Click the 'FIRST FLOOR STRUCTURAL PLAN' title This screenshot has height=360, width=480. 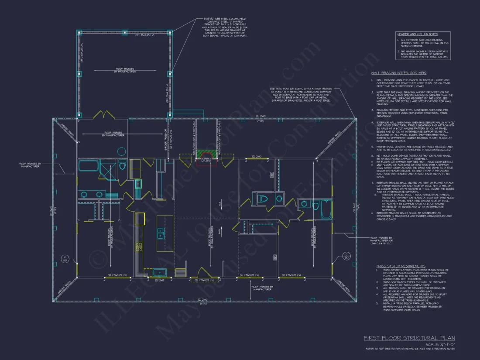click(409, 338)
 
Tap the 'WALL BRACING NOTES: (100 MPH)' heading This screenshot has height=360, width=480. click(399, 72)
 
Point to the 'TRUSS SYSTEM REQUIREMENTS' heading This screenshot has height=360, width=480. click(401, 266)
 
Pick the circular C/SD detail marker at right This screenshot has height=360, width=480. click(346, 256)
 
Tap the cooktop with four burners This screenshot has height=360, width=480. click(139, 247)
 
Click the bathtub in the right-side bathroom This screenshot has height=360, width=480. click(325, 209)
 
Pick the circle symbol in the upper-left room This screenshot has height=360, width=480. click(120, 151)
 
